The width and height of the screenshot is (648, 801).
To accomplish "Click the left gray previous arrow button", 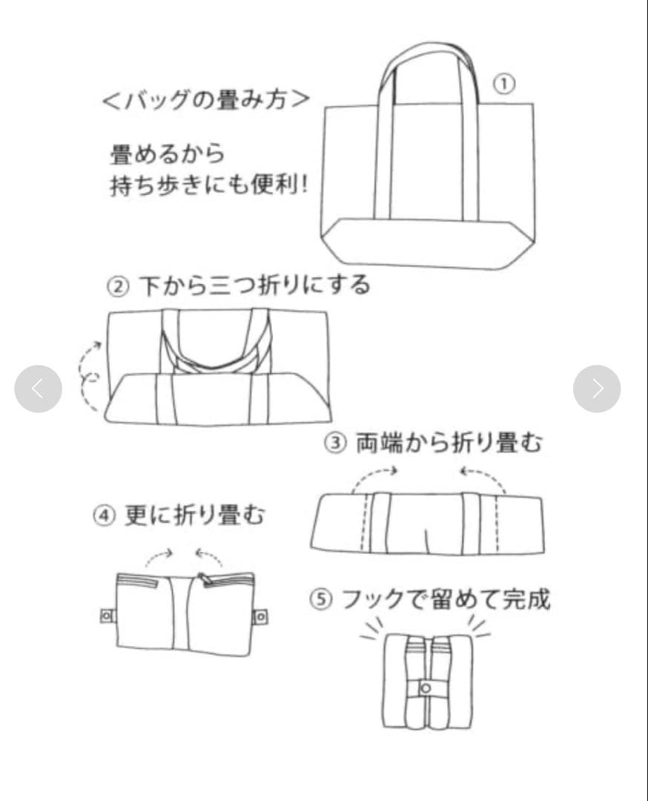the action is (x=39, y=389).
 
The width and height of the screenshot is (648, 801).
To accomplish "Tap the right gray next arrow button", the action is (x=597, y=389).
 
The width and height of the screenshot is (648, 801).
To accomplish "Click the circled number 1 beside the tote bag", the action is (x=504, y=84).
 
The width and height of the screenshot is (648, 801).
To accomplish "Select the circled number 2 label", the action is (x=118, y=286).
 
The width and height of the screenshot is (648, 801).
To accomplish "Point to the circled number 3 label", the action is (x=335, y=442).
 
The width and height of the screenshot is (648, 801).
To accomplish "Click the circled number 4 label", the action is (x=104, y=515).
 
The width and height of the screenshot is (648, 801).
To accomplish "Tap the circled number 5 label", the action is (x=321, y=599).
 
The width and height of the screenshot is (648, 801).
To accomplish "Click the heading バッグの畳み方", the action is (x=206, y=99).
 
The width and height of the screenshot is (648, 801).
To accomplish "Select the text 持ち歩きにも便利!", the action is (x=210, y=185).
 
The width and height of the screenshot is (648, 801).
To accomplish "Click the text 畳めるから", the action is (x=168, y=154).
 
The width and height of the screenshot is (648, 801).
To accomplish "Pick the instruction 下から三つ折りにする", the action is (x=254, y=286).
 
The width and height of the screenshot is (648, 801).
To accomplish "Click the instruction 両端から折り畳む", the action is (x=449, y=442).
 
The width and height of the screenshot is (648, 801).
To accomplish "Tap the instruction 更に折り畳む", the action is (x=194, y=515).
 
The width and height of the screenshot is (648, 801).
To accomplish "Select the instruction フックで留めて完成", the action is (x=446, y=599).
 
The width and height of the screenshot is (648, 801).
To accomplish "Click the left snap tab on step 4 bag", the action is (x=108, y=616).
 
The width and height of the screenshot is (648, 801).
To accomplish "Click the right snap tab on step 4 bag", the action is (x=260, y=616).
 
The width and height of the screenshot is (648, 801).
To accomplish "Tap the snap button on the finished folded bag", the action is (x=426, y=688).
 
